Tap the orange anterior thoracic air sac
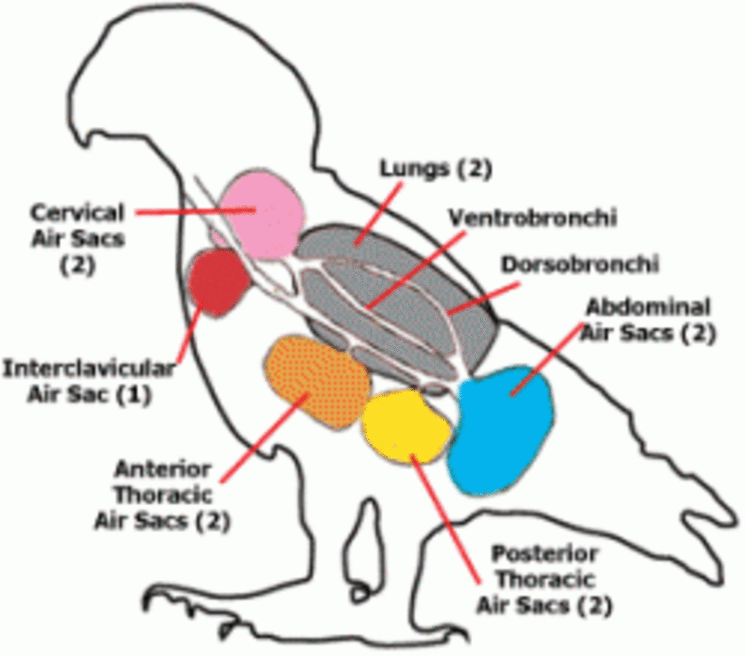(317, 379)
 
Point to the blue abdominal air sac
(503, 429)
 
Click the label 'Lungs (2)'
(435, 168)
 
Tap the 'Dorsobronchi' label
(579, 264)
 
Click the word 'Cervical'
(78, 213)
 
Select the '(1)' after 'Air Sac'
(133, 395)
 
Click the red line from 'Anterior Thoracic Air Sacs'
(264, 435)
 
